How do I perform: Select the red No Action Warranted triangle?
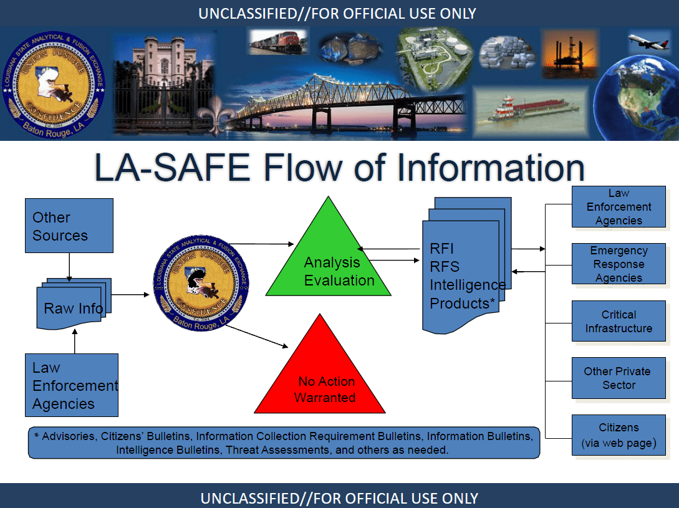[320, 380]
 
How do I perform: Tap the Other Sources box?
[69, 226]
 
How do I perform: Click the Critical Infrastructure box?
[619, 321]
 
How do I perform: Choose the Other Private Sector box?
[619, 378]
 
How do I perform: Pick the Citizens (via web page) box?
[619, 435]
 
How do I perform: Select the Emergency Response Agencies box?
[619, 264]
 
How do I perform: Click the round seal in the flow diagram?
[201, 284]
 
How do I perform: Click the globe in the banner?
[637, 97]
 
